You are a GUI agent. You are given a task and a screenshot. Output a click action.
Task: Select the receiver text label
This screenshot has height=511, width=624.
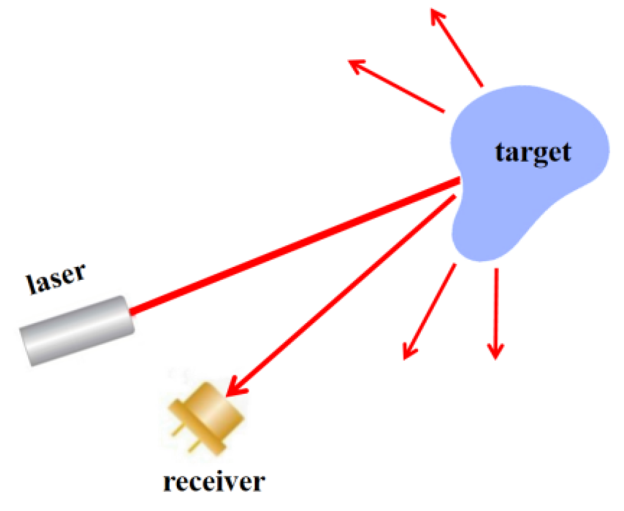(x=214, y=482)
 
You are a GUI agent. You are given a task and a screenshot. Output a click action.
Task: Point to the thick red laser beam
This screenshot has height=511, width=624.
(x=293, y=246)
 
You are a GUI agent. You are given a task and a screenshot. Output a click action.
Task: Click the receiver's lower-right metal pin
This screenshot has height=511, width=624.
(x=192, y=448)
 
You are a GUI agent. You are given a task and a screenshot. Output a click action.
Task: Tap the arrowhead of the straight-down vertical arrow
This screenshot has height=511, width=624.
(x=495, y=351)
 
